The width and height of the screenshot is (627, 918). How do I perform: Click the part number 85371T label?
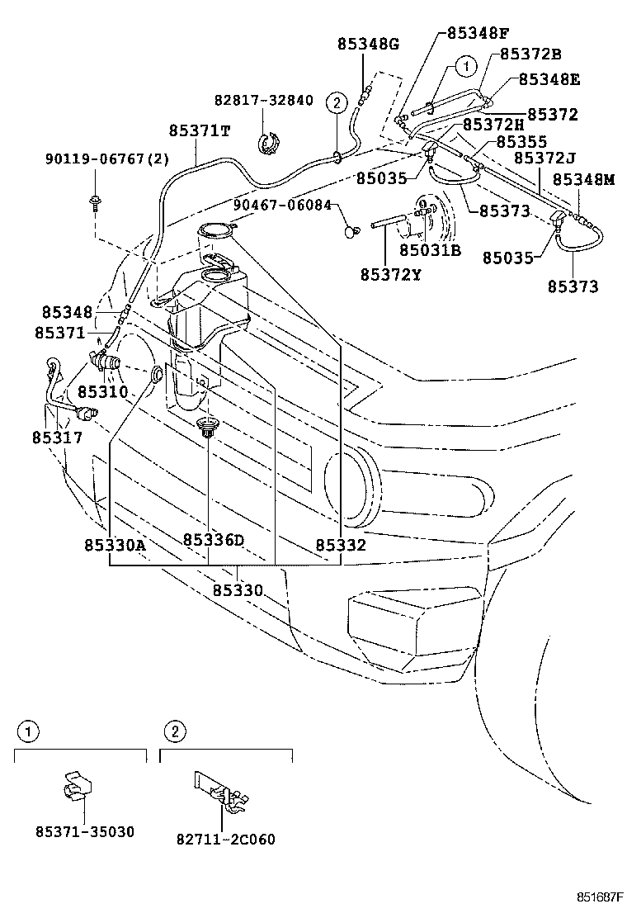click(200, 130)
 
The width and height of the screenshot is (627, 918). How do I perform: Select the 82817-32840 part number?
click(264, 100)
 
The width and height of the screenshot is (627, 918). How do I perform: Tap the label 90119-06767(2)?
click(107, 159)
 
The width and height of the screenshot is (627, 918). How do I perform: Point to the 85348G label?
click(366, 44)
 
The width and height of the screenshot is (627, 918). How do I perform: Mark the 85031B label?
click(430, 249)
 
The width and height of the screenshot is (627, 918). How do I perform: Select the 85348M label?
click(583, 179)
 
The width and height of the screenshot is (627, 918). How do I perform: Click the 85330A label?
click(114, 545)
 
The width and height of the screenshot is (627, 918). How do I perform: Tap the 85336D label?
click(214, 540)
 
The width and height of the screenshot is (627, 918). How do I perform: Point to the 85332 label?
click(341, 545)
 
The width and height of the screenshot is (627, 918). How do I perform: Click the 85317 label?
click(58, 437)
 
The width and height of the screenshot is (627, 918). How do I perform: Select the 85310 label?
click(103, 390)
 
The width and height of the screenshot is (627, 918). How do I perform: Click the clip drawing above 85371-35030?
click(77, 790)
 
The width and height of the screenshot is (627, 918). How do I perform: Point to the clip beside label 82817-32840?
click(268, 143)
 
